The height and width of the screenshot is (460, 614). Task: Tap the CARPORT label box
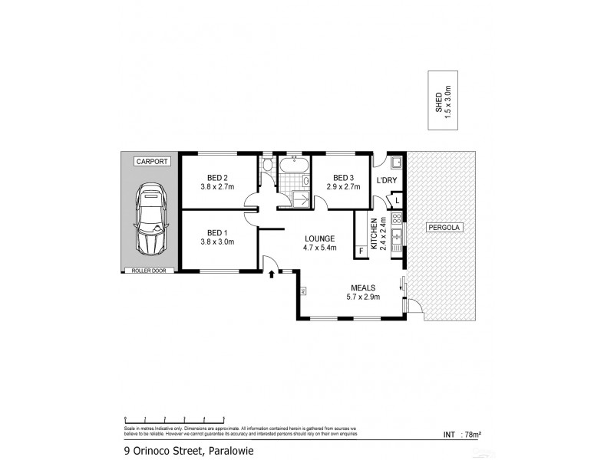(150, 162)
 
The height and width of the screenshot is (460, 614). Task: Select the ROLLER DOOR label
(150, 270)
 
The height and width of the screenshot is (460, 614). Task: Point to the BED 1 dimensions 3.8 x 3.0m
(217, 242)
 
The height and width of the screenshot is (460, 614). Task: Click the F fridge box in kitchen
(360, 250)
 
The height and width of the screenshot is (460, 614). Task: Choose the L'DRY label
(386, 181)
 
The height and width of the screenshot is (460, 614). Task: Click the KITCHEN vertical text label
(374, 234)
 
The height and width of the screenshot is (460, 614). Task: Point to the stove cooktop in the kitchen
(396, 219)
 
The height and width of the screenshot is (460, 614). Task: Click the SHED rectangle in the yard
(443, 100)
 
